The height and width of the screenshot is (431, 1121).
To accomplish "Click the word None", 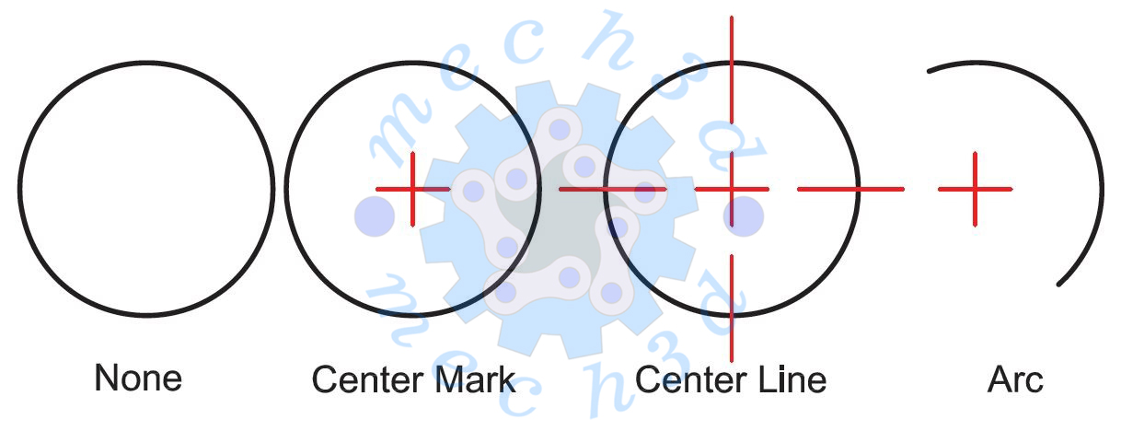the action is [138, 378].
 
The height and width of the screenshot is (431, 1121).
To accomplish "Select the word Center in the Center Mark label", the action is [369, 380].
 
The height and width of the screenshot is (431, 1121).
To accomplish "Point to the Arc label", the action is [1015, 379].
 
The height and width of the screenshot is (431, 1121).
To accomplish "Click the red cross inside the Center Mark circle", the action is [413, 189].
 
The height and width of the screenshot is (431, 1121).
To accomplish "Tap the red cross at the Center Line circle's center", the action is [732, 189].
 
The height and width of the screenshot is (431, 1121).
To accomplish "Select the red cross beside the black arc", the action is [976, 189].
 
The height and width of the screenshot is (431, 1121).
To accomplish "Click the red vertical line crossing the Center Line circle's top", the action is [732, 70].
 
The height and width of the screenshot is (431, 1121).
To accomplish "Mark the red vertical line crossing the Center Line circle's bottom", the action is [732, 309].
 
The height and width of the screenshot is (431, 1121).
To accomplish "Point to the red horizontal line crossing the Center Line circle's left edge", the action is [613, 189].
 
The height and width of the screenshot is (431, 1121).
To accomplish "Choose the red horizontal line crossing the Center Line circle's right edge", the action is [850, 189].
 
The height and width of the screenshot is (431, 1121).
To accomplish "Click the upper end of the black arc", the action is [929, 71].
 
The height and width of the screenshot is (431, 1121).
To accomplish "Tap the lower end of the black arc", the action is [1058, 285].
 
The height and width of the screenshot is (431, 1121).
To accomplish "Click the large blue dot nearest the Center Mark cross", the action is [375, 216].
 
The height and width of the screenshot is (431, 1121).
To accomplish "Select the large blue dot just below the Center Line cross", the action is [744, 216].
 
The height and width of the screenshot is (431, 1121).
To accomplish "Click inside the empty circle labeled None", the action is [146, 189].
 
